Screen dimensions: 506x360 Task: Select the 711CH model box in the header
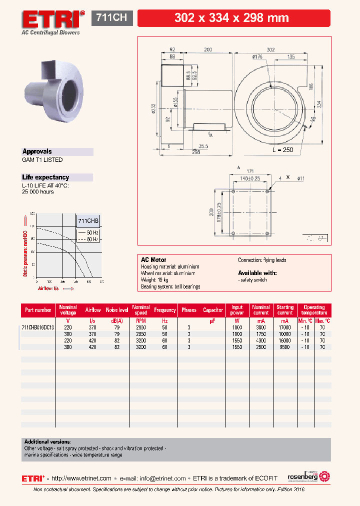[111, 18]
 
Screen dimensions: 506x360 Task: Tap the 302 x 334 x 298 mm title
[231, 18]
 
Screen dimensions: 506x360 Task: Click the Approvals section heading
[37, 151]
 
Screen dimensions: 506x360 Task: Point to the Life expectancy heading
[45, 177]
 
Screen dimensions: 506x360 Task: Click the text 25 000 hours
[37, 192]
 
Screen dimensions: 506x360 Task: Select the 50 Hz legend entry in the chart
[88, 233]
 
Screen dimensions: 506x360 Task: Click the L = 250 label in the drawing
[283, 150]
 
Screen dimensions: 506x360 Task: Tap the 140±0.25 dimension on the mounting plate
[250, 178]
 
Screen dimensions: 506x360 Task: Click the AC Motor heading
[153, 260]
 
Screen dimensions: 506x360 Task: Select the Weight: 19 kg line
[157, 280]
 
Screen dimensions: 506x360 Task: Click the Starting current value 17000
[285, 327]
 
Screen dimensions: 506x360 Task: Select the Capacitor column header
[213, 310]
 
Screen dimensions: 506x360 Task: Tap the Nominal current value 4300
[261, 340]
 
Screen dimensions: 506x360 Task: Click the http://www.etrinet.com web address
[82, 478]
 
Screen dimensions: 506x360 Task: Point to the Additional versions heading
[47, 442]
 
